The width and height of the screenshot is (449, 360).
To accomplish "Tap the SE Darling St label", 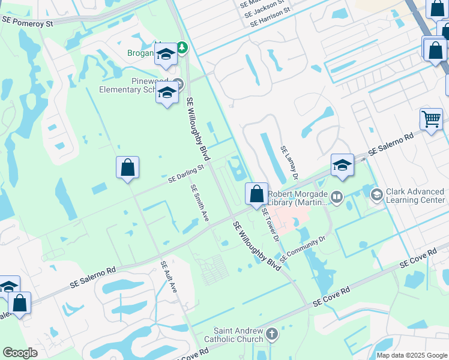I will (x=187, y=173).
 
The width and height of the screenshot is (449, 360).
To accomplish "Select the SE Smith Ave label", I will (x=200, y=203).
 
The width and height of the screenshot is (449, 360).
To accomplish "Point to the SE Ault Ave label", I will (x=169, y=277).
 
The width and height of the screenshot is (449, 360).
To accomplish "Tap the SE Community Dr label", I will (x=302, y=245).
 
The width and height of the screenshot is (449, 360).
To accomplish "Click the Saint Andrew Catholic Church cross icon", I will (x=271, y=334).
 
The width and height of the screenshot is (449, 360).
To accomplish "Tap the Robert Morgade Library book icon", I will (x=337, y=196).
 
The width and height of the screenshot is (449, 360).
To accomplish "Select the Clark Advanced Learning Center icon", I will (x=376, y=194).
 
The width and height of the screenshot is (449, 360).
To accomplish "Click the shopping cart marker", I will (x=431, y=119).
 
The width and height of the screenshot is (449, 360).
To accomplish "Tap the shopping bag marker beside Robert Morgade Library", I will (x=257, y=194).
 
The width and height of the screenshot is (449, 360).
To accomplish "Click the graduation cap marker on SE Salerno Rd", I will (x=342, y=165).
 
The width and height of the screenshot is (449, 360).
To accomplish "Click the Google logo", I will (x=20, y=353).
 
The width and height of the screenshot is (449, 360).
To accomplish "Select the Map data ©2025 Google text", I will (x=412, y=355).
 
